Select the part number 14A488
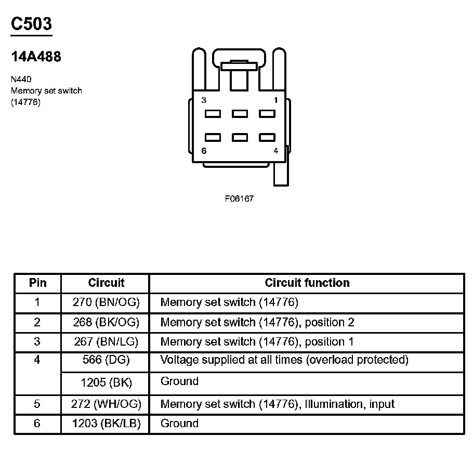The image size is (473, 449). coord(36,57)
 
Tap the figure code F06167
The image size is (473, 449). coord(239,199)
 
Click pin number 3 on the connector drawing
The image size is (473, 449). coord(204,100)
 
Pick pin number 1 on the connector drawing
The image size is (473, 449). coord(275,100)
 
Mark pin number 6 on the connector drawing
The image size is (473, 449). coord(204,151)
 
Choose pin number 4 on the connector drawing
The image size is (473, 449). coord(275,151)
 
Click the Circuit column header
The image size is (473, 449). coord(106,283)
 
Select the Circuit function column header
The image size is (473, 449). coord(307,283)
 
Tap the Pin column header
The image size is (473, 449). coord(37,283)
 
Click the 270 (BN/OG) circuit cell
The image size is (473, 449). coord(106,302)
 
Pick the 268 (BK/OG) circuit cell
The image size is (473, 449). coord(106,322)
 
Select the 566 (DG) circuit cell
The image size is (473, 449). coord(106,360)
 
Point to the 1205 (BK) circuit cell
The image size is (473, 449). coord(106,382)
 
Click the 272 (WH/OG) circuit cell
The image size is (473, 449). coord(106,404)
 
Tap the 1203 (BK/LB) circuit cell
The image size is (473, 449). coord(106,424)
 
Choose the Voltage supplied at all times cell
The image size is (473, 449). coord(284,360)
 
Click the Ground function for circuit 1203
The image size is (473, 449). coord(179,424)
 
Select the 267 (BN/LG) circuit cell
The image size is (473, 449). coord(106,342)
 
